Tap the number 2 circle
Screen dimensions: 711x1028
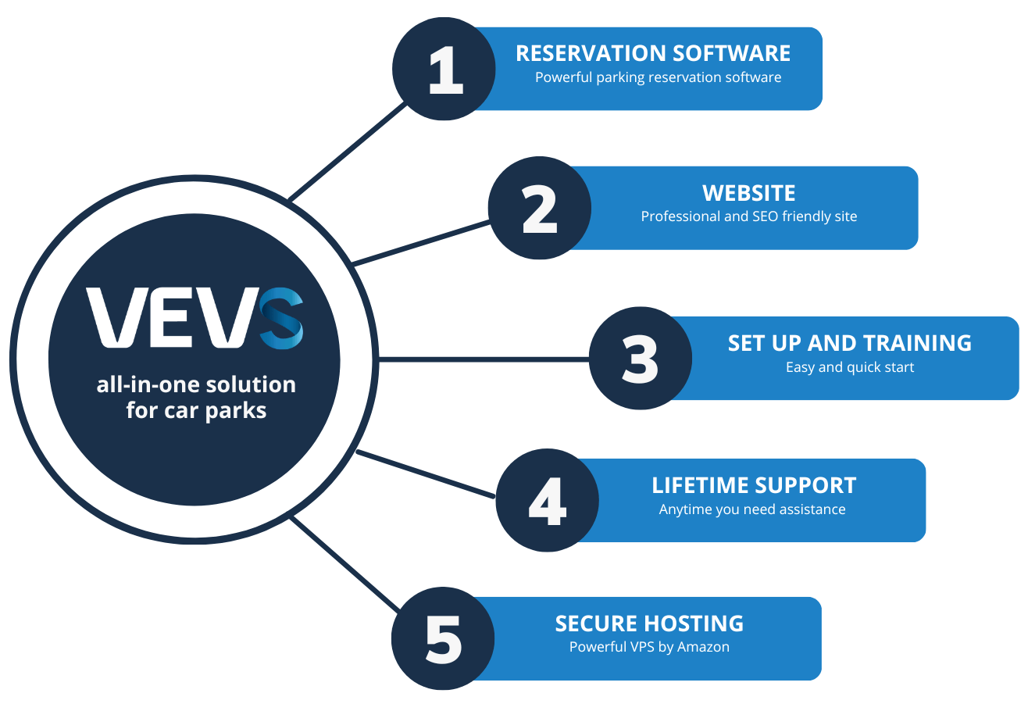click(x=540, y=208)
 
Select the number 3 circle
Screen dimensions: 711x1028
click(x=640, y=359)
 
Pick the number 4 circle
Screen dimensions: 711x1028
click(x=547, y=500)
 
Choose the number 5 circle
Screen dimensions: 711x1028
click(x=444, y=638)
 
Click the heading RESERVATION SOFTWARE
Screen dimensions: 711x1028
click(x=653, y=53)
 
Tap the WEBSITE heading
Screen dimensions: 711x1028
click(x=748, y=193)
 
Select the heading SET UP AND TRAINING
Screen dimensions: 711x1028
click(x=849, y=343)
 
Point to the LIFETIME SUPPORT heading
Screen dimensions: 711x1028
click(x=754, y=485)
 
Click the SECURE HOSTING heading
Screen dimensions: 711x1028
click(x=649, y=623)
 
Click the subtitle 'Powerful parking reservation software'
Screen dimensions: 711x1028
click(x=658, y=77)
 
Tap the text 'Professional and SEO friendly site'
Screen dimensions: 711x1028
click(x=748, y=216)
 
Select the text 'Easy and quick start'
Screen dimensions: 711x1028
click(x=849, y=366)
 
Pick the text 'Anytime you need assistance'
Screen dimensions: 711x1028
click(x=751, y=509)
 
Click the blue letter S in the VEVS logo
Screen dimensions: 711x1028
click(x=281, y=319)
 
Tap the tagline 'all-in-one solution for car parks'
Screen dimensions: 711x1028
click(x=196, y=398)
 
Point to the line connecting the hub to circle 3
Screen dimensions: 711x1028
click(x=484, y=359)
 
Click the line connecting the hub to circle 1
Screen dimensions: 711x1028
click(x=348, y=151)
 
